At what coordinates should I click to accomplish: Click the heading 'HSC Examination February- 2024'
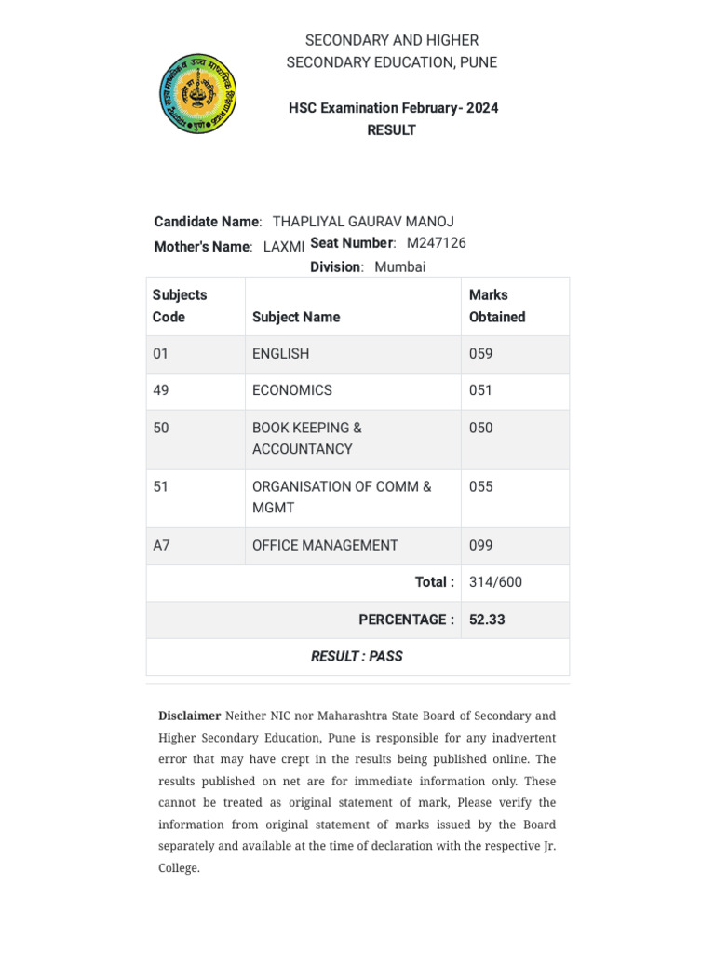tap(393, 108)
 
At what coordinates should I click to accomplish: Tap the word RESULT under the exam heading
tap(391, 130)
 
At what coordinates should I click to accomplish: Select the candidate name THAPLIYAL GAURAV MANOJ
tap(363, 222)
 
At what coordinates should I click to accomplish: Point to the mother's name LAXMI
tap(284, 247)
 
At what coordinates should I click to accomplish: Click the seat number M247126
tap(437, 243)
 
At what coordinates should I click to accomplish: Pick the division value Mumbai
tap(400, 267)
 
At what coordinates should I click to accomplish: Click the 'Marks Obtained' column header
tap(497, 306)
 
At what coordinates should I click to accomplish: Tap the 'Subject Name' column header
tap(296, 317)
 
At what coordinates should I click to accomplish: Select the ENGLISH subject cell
tap(281, 354)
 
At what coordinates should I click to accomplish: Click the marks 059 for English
tap(481, 354)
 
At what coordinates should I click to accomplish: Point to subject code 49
tap(161, 390)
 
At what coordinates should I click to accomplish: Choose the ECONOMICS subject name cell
tap(292, 390)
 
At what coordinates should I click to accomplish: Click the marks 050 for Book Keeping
tap(481, 429)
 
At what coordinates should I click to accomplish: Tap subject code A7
tap(162, 546)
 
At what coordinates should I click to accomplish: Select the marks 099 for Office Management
tap(481, 546)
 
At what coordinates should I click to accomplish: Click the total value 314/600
tap(496, 582)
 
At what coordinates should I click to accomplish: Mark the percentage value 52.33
tap(487, 620)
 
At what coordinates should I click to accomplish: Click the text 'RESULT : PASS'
tap(357, 657)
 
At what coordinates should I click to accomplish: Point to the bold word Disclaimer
tap(190, 716)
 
